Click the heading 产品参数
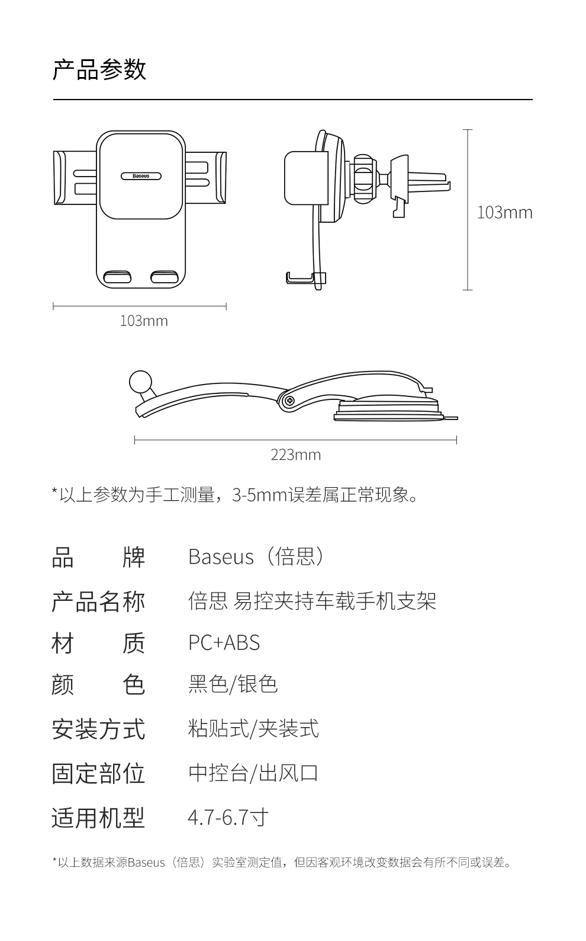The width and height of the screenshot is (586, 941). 99,70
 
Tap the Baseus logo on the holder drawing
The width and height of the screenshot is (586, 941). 141,176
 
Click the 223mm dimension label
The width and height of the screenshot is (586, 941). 295,455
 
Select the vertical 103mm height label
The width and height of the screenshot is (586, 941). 504,212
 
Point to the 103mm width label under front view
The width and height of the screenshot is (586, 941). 144,321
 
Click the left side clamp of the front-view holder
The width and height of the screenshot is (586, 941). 59,178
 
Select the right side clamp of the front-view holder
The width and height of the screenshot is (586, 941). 220,178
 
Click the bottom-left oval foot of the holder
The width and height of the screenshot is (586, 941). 117,277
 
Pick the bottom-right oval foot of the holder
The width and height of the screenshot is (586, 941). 164,277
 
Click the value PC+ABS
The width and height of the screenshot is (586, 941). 224,643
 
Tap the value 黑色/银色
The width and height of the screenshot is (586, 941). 233,684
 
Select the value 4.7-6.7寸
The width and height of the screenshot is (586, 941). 228,818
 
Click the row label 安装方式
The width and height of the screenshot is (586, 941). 98,729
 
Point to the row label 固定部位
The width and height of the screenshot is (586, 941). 98,773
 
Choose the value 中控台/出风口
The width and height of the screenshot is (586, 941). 253,773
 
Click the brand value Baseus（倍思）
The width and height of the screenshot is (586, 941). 256,557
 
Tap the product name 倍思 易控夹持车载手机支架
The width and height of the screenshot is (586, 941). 312,601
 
